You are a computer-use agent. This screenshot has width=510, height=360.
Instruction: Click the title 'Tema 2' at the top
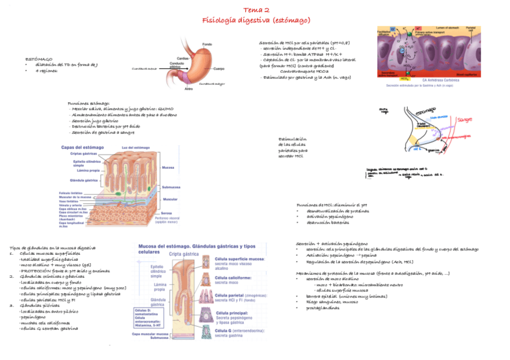tap(256, 10)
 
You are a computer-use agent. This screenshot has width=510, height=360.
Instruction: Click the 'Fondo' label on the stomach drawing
tap(206, 44)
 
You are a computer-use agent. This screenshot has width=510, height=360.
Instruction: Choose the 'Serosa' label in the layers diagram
tap(168, 213)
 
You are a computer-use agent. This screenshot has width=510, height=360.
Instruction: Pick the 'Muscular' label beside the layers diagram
tap(171, 199)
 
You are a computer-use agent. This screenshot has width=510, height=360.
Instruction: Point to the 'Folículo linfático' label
tap(72, 192)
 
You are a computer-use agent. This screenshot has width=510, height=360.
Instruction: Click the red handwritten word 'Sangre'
tap(465, 120)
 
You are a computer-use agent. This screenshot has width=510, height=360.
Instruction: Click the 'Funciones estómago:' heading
tap(88, 103)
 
